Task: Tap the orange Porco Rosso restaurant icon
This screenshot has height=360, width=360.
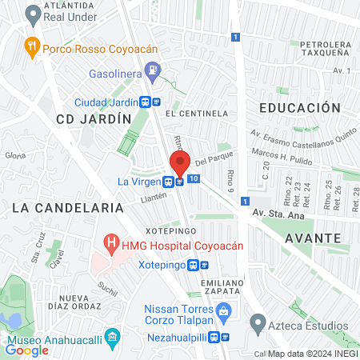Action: coord(32,45)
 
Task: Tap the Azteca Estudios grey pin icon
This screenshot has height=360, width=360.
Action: coord(258,324)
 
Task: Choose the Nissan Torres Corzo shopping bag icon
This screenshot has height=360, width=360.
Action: coord(224,309)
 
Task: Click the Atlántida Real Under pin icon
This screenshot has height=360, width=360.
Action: coord(33,14)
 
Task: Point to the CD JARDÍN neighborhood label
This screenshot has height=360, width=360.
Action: coord(94,118)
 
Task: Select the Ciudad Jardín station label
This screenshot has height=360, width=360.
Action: coord(106,102)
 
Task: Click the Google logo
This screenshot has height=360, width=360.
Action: coord(26,350)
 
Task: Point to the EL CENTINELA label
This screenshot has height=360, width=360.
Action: coord(198,114)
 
